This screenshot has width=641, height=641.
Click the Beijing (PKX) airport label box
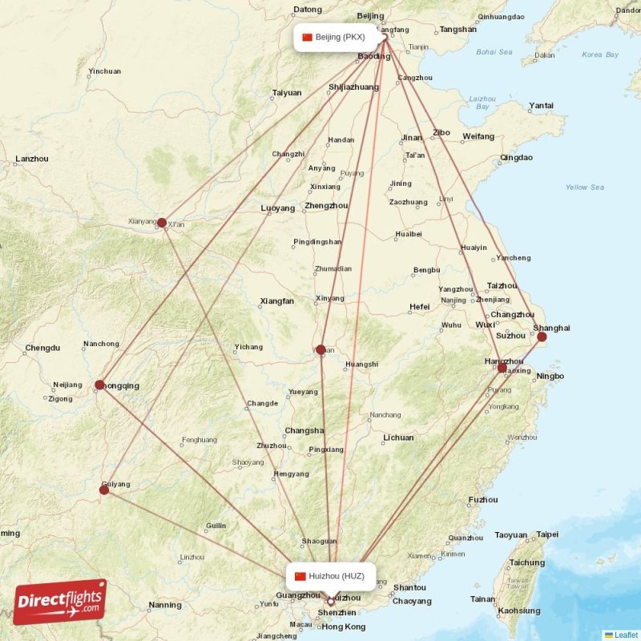333,37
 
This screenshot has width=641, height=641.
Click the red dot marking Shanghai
542,337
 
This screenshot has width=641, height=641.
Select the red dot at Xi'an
162,223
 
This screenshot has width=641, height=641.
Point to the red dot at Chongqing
99,385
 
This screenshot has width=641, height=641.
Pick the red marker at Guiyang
104,490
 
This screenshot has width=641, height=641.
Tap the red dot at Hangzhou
502,368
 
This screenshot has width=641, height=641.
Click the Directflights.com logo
59,602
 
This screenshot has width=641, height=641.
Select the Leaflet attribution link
626,635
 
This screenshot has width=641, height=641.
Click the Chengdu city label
42,348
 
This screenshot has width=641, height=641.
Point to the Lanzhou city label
32,159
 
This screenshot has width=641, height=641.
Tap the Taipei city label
547,534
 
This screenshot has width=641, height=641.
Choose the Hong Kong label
344,627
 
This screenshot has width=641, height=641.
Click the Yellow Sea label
585,187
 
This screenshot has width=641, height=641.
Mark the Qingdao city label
516,157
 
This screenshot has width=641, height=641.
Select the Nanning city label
165,605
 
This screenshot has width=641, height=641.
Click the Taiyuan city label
287,93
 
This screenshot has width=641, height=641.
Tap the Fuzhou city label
482,500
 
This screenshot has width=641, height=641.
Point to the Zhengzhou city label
327,206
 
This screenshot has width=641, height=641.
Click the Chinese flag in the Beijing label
307,37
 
